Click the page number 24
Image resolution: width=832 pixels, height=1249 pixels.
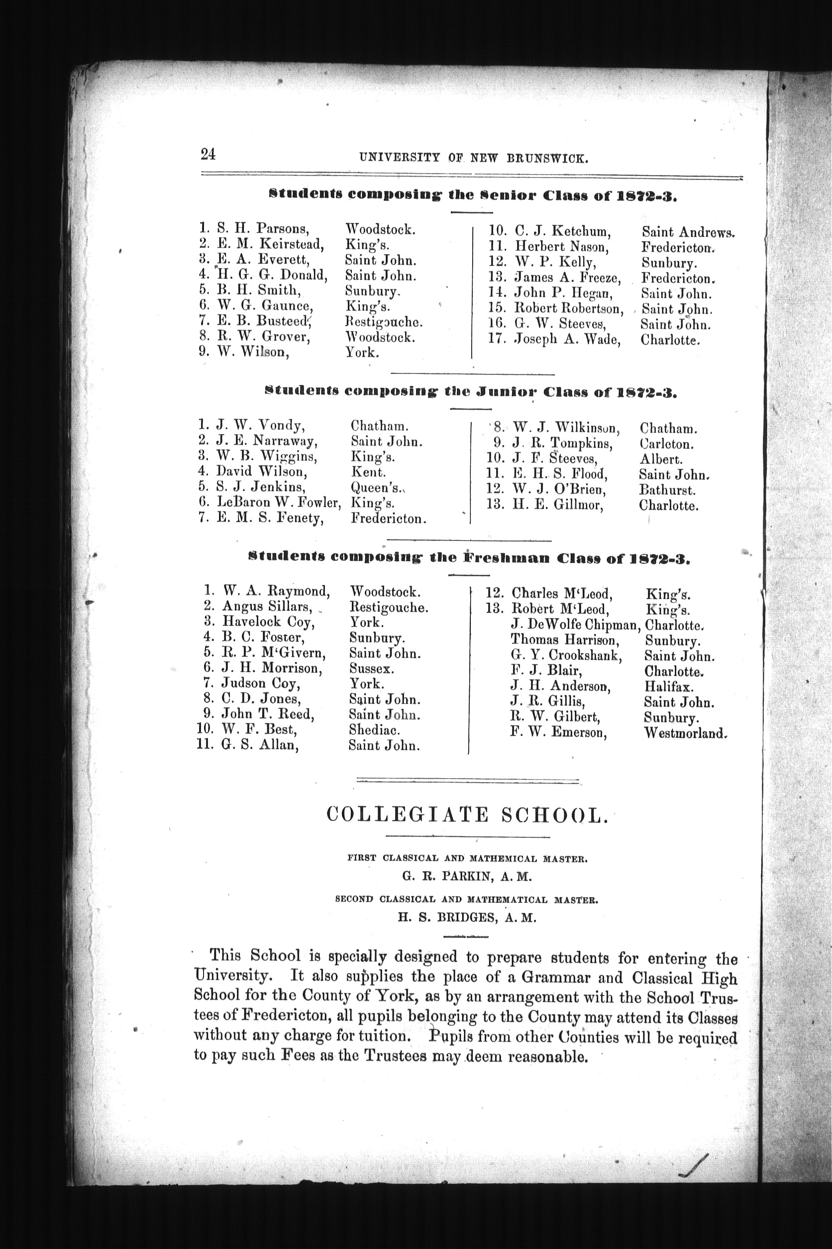[208, 154]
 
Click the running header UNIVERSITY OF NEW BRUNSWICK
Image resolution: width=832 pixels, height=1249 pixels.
[473, 158]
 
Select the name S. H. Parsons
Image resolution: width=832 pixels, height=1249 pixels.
[263, 229]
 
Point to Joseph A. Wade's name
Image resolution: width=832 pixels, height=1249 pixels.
[567, 339]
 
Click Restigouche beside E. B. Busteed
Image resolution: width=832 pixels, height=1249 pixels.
[383, 322]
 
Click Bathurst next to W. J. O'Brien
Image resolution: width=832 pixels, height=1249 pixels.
[667, 490]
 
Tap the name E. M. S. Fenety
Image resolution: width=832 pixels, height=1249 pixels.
[270, 518]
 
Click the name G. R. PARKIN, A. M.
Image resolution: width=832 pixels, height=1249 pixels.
[466, 877]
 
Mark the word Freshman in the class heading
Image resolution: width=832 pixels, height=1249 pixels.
[507, 558]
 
